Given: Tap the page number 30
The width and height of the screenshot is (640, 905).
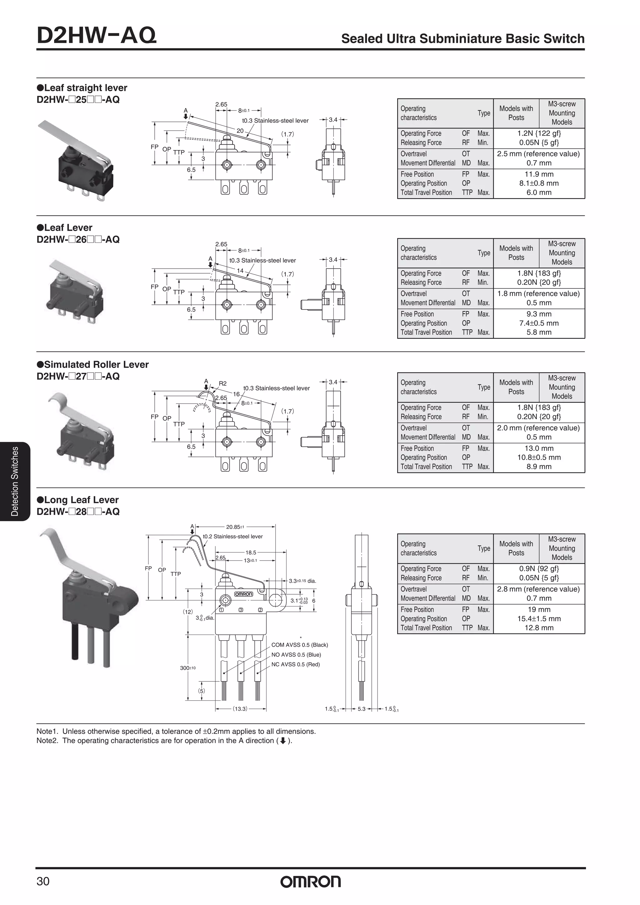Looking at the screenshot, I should click(x=43, y=881).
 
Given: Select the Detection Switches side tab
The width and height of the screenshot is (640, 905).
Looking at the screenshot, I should click(x=15, y=481).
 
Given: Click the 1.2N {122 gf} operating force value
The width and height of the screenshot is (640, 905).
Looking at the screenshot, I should click(x=539, y=133).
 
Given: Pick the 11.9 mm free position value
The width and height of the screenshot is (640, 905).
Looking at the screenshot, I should click(x=539, y=174).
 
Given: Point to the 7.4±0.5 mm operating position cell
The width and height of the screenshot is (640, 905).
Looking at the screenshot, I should click(x=539, y=323).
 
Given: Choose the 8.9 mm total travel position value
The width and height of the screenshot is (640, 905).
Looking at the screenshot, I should click(x=539, y=467).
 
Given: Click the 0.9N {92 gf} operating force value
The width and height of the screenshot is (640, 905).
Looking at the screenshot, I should click(x=539, y=569).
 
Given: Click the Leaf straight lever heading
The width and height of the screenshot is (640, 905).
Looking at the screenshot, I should click(x=86, y=88).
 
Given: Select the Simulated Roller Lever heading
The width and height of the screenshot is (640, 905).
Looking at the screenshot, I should click(x=96, y=365).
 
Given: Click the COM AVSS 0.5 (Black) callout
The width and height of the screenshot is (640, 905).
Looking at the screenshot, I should click(x=300, y=645).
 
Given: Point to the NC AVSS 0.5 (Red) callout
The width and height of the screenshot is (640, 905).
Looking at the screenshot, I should click(x=295, y=665).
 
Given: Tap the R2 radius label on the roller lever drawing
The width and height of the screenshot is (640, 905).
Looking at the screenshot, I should click(x=222, y=383).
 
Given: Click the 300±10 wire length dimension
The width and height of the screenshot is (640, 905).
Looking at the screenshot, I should click(x=188, y=668).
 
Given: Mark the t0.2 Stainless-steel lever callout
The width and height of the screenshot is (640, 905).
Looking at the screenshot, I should click(x=232, y=537).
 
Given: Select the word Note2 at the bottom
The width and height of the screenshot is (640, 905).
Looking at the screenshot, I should click(x=46, y=741).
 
